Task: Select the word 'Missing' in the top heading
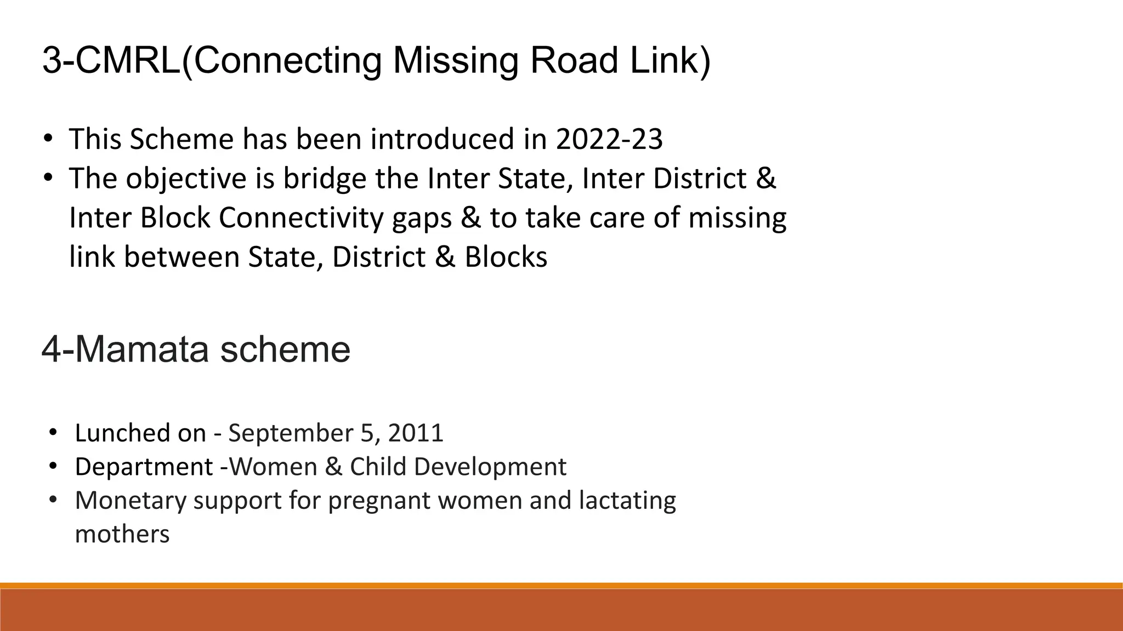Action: [x=455, y=60]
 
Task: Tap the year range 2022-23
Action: [x=609, y=139]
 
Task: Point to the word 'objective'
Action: [x=186, y=179]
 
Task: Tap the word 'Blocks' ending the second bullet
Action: [x=506, y=257]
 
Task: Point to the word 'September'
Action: [x=290, y=433]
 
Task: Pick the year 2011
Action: [x=415, y=433]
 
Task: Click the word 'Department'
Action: [x=144, y=467]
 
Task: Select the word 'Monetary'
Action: [x=131, y=501]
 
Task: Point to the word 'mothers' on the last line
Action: [x=122, y=534]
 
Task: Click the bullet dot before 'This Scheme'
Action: [x=48, y=138]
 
